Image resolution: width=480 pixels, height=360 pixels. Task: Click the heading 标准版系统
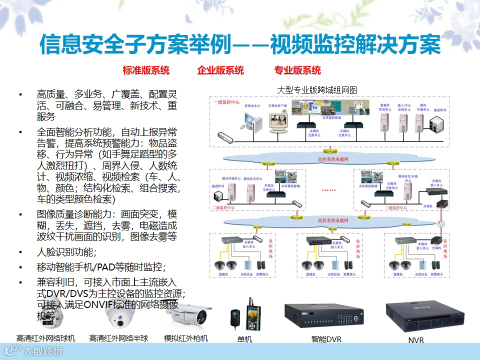[x=146, y=70]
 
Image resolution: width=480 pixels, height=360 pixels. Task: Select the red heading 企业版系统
[x=220, y=70]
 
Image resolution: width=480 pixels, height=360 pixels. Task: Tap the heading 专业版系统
[x=297, y=70]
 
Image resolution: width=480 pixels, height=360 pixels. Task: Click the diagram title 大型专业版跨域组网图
[x=316, y=90]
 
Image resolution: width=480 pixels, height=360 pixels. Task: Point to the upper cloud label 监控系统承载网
[x=332, y=159]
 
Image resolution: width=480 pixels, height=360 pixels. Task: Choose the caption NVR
[x=415, y=340]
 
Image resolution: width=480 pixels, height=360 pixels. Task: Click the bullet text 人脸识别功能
[x=66, y=251]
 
